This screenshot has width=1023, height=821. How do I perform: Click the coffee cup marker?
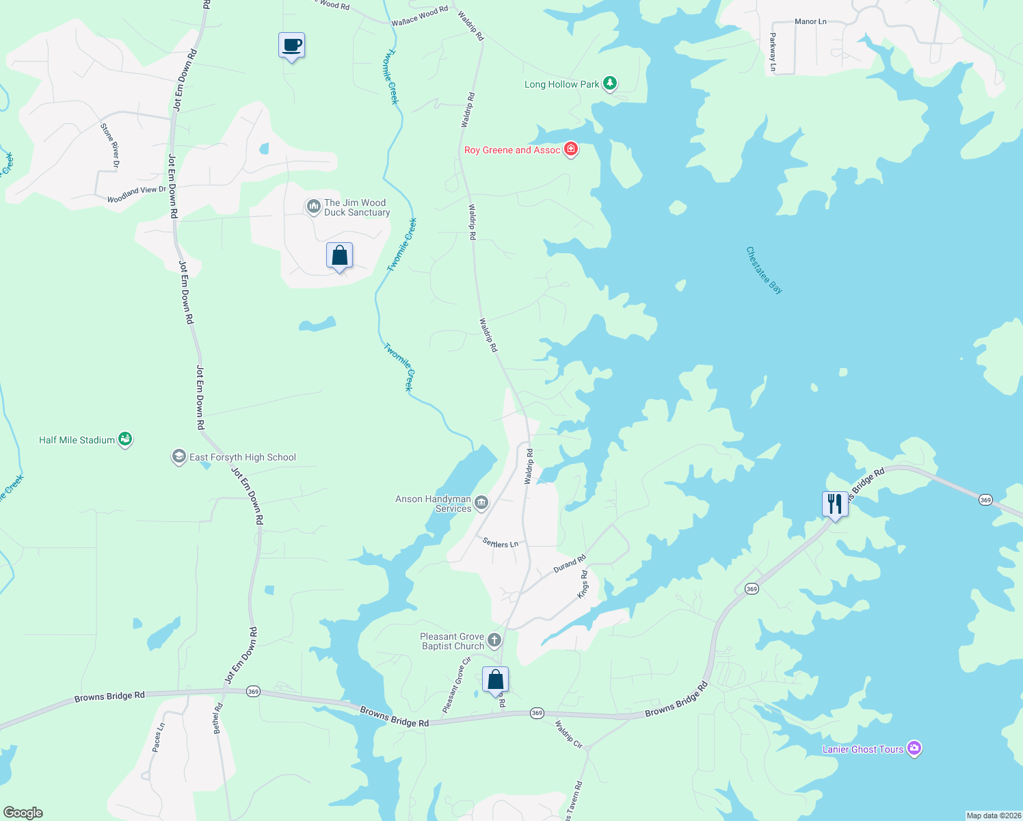(292, 46)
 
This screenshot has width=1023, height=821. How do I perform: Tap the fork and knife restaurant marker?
(835, 505)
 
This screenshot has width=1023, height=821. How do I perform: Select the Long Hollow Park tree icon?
(609, 83)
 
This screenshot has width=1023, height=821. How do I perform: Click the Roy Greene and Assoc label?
(512, 150)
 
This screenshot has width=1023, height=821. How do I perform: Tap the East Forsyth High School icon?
(178, 456)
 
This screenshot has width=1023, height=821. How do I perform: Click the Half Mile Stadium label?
(77, 440)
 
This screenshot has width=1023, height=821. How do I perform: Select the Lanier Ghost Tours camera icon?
(914, 748)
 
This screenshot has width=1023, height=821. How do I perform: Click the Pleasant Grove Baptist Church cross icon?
(494, 641)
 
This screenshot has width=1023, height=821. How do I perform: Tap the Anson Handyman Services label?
(434, 504)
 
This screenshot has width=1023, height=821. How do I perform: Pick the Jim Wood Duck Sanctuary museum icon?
(313, 207)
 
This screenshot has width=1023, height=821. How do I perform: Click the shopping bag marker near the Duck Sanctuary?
(339, 257)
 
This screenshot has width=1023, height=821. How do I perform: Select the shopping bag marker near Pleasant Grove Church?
(495, 680)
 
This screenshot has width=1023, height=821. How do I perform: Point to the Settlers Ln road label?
(501, 543)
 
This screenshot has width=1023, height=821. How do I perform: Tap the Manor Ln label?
(810, 22)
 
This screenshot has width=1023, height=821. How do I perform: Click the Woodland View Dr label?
(137, 194)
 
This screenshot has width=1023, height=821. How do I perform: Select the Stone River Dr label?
(110, 145)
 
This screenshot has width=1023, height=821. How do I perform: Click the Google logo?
(23, 812)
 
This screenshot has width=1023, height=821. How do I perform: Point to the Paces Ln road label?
(158, 738)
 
